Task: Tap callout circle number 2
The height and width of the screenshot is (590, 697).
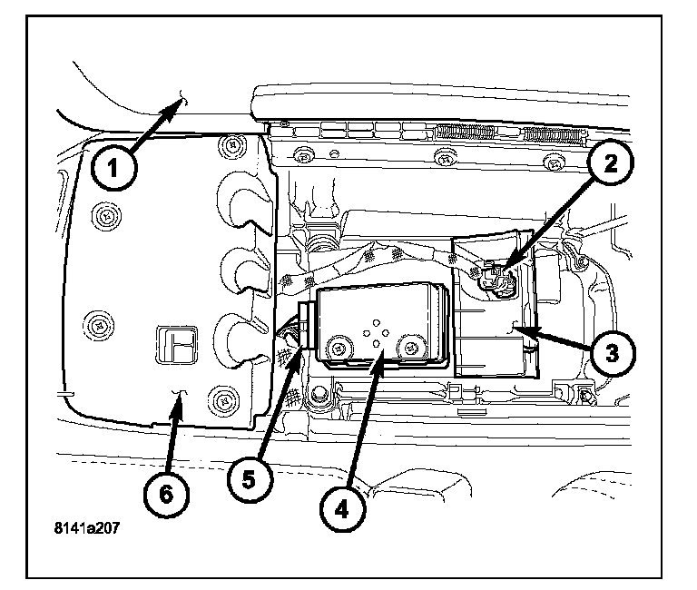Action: click(x=611, y=163)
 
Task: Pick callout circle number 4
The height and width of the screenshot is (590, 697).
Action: click(x=340, y=508)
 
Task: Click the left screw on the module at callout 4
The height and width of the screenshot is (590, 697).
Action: click(x=340, y=347)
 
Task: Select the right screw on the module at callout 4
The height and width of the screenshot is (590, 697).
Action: click(x=412, y=347)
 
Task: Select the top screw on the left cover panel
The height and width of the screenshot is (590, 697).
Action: click(x=234, y=142)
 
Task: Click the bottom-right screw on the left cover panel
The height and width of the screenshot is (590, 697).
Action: click(x=221, y=398)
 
